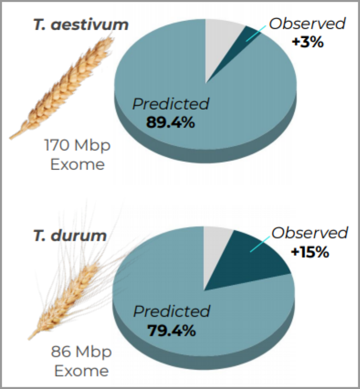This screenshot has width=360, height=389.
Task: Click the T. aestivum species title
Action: [x=81, y=25]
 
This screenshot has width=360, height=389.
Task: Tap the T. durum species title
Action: [x=70, y=235]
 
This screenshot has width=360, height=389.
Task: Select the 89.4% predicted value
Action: [x=170, y=123]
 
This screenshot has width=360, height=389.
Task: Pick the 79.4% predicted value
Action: [x=172, y=330]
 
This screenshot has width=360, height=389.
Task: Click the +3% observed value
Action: [x=307, y=42]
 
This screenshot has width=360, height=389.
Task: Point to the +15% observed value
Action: [x=310, y=252]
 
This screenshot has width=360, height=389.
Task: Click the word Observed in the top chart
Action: [x=307, y=24]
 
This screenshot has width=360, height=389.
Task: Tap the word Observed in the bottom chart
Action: [x=310, y=233]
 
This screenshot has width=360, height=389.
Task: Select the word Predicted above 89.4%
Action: [x=171, y=104]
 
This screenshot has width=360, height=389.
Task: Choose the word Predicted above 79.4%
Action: [x=172, y=311]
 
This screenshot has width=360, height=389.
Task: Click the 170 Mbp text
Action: [x=77, y=145]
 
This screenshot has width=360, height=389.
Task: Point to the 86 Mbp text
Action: [x=81, y=352]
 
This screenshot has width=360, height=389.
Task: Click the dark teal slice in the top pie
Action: [x=244, y=40]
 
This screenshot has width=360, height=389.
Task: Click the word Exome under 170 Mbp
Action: [x=78, y=165]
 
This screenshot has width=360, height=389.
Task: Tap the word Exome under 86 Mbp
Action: [x=81, y=371]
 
